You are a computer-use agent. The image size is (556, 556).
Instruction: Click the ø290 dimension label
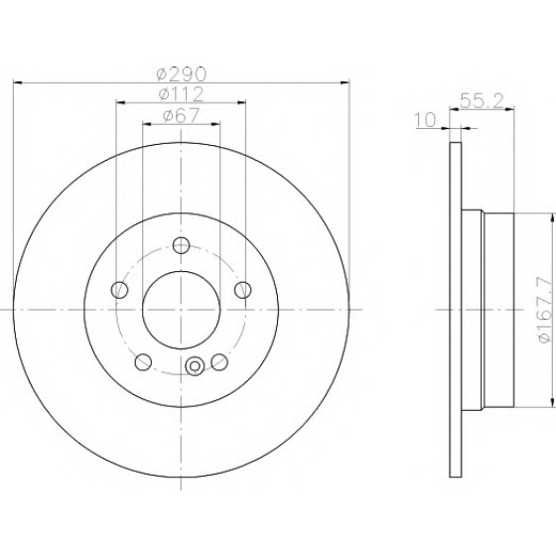tap(181, 73)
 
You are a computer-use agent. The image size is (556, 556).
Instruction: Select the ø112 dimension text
tap(181, 94)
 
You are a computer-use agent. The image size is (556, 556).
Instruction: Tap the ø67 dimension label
tap(181, 115)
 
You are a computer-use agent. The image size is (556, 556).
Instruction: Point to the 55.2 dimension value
tap(482, 100)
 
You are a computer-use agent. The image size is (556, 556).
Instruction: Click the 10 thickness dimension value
tap(425, 120)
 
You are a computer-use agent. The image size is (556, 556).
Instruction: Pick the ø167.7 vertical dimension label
tap(545, 309)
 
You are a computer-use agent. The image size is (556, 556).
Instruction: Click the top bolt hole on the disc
tap(181, 245)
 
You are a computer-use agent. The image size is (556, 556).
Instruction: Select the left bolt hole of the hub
tap(119, 290)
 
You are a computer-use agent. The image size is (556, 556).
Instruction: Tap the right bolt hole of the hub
tap(243, 290)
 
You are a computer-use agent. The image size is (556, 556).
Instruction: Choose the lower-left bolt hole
tap(143, 361)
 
